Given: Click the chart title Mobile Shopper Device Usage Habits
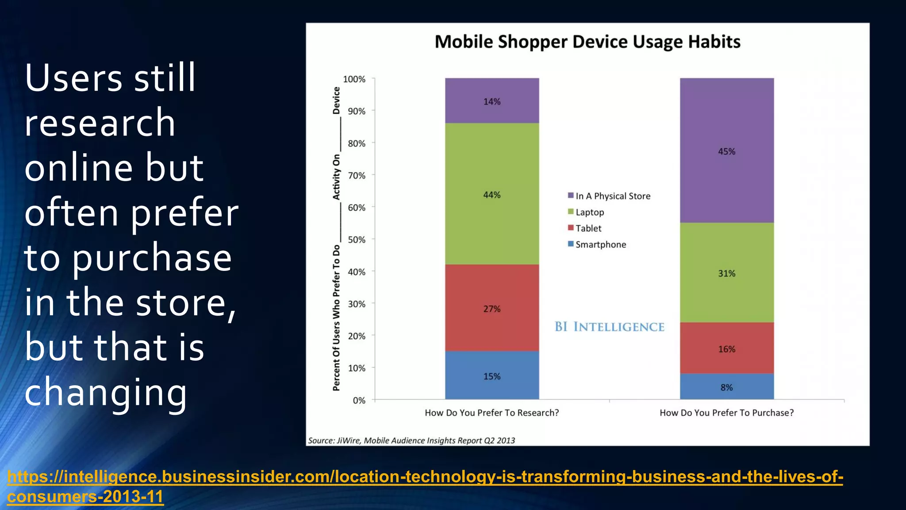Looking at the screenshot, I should [x=587, y=42].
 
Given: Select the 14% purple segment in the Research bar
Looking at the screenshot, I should [x=492, y=101].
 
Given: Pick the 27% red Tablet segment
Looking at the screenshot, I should [x=492, y=308].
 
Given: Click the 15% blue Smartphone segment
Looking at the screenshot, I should [x=492, y=376].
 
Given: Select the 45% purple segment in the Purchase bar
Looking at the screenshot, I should [x=726, y=151].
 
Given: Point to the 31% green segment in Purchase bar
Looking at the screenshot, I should [x=726, y=273].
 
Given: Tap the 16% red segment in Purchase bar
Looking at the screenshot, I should [x=726, y=348].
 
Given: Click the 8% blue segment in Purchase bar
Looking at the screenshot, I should [x=726, y=387].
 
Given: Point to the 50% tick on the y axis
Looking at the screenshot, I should [x=357, y=240].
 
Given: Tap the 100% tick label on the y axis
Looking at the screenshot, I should [x=354, y=79].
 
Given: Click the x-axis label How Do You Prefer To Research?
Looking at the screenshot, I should [x=491, y=413].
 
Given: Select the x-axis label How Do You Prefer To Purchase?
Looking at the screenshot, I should [x=726, y=413].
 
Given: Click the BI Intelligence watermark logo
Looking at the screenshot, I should [x=609, y=327].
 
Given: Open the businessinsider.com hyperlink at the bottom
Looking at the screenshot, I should [x=425, y=477].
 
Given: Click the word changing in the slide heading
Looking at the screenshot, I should [x=106, y=392].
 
